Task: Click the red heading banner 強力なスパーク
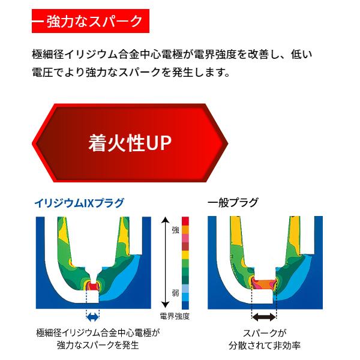[x=91, y=21]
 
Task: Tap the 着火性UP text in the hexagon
[x=130, y=143]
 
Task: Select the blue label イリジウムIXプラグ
[x=79, y=203]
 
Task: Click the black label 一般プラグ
[x=233, y=203]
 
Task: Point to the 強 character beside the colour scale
[x=176, y=230]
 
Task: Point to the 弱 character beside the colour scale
[x=176, y=293]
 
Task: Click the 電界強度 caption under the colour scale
[x=175, y=317]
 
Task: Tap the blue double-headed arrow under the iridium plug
[x=92, y=317]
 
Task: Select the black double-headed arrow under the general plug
[x=264, y=317]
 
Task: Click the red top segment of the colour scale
[x=185, y=221]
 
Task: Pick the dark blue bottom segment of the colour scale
[x=185, y=305]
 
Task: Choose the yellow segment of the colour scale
[x=185, y=255]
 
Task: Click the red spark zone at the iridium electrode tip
[x=93, y=286]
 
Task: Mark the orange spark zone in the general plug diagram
[x=264, y=284]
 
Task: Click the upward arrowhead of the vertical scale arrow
[x=165, y=220]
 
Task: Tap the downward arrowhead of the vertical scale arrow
[x=165, y=305]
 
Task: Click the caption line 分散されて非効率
[x=265, y=346]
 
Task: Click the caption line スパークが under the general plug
[x=265, y=333]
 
